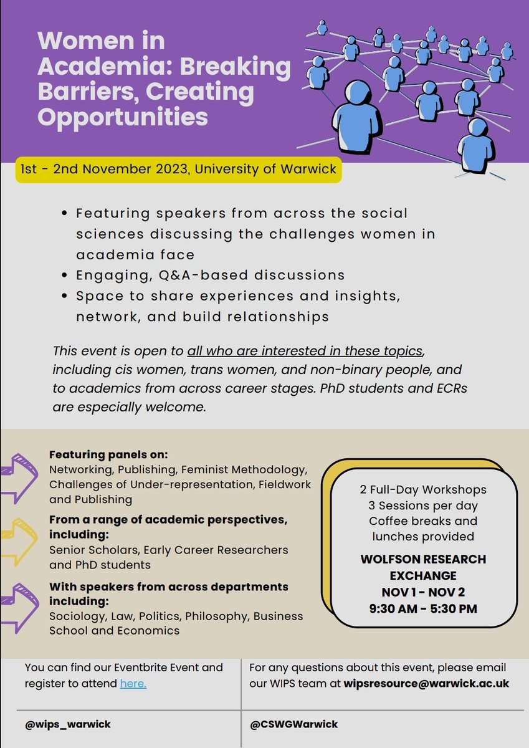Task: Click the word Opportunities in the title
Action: click(x=122, y=116)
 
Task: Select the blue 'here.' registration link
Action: click(x=133, y=684)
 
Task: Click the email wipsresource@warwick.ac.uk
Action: click(x=426, y=684)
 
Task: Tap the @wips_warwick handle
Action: click(x=68, y=724)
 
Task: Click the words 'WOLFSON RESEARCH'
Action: click(x=423, y=559)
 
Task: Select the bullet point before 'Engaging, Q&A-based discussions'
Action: click(x=66, y=276)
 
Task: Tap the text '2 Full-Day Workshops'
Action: click(x=423, y=489)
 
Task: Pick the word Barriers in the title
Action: click(x=80, y=92)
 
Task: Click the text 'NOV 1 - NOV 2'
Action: click(x=423, y=592)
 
